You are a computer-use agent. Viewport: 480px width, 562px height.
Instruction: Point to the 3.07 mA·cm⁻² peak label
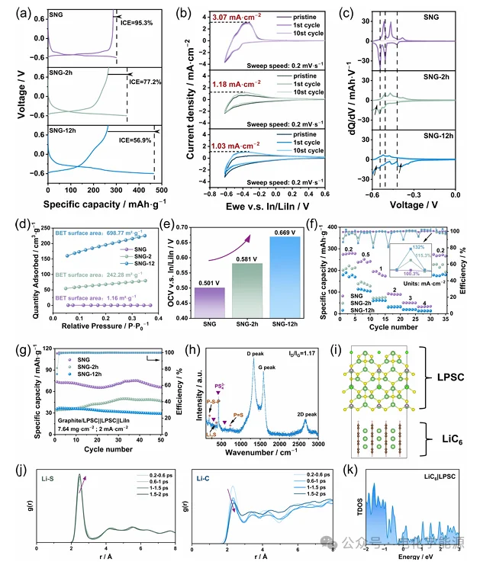tap(227, 15)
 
